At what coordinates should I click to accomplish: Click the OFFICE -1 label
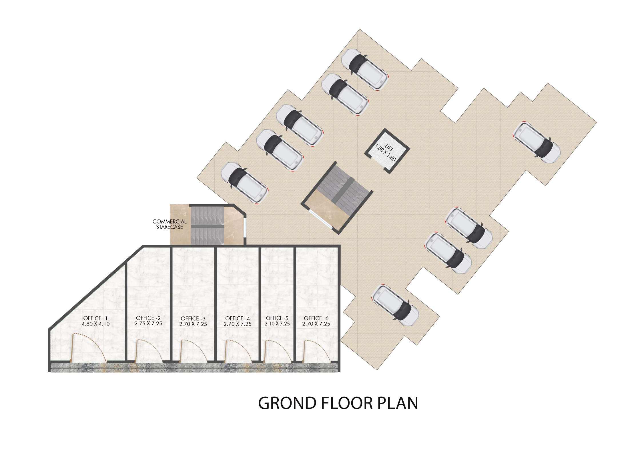95,318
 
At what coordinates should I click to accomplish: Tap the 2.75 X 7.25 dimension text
148,324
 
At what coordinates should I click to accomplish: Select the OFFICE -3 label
193,318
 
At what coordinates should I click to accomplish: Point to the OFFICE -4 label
238,318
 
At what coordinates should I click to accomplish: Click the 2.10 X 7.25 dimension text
277,324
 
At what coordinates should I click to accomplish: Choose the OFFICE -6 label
316,318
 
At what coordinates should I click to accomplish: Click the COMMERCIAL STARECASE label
170,224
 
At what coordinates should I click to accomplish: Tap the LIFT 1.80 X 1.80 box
387,151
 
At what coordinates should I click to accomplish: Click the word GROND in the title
288,403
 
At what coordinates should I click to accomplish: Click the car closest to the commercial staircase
245,183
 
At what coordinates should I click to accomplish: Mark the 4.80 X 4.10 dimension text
95,324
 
